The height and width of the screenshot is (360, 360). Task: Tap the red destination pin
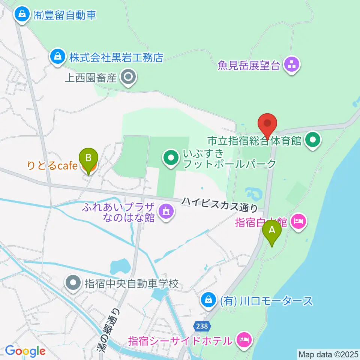pos(267,124)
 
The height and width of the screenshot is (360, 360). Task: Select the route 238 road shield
pos(201,327)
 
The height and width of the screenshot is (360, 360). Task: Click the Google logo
pos(25,351)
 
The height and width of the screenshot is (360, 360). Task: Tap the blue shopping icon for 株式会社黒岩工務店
pos(58,57)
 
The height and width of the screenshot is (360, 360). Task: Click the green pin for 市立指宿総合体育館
pos(313,141)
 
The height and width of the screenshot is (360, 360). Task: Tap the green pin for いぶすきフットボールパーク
pos(171,159)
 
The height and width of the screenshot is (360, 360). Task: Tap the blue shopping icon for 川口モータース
pos(207,300)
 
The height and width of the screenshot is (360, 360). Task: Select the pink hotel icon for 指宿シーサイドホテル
pos(244,341)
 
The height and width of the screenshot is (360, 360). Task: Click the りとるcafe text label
pos(52,165)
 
